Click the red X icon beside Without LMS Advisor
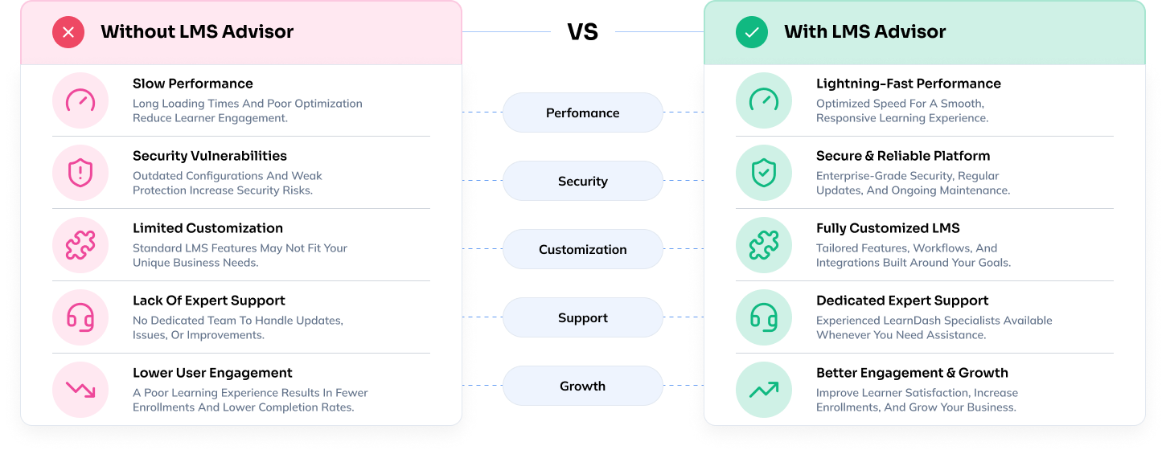click(x=68, y=32)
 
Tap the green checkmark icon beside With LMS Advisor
click(x=752, y=32)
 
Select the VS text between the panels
click(x=582, y=32)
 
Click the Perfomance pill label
click(x=582, y=112)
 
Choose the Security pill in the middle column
click(x=582, y=181)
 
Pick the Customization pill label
click(x=582, y=250)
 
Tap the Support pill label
click(x=582, y=317)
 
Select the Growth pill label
click(x=582, y=386)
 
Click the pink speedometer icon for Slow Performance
click(x=80, y=100)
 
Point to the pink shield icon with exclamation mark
click(x=80, y=173)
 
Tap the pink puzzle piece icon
click(x=80, y=245)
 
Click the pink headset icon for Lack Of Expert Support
click(x=80, y=317)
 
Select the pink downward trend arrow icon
click(x=80, y=390)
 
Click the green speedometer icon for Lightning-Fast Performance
click(x=764, y=100)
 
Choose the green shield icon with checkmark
click(x=764, y=173)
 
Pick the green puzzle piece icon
click(x=764, y=245)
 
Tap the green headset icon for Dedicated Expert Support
click(x=764, y=317)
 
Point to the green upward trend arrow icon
click(x=764, y=390)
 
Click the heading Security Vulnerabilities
click(x=210, y=156)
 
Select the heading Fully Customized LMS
click(x=888, y=228)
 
